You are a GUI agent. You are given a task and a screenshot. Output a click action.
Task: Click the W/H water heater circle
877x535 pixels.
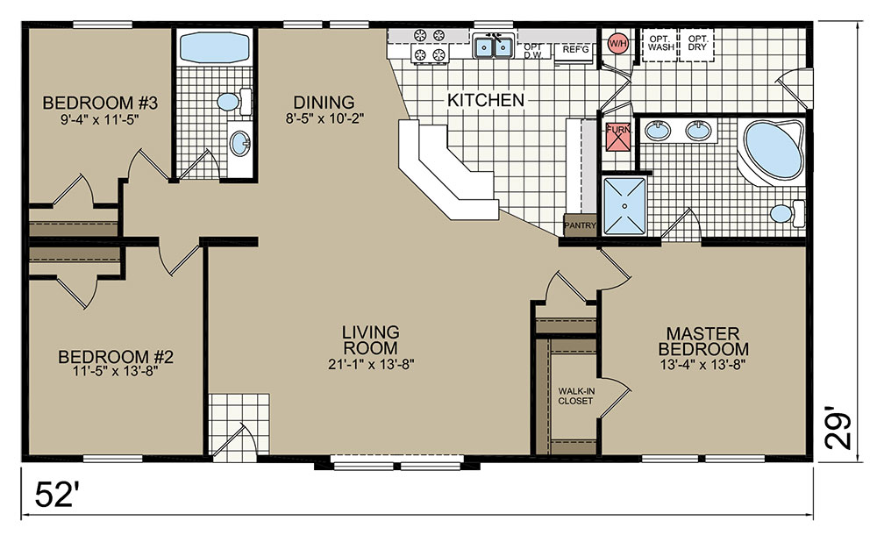618,42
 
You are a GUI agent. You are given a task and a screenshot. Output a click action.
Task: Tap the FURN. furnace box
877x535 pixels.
618,136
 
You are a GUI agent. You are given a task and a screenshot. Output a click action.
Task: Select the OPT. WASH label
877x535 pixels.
661,43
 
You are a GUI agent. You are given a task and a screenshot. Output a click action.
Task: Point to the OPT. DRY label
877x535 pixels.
697,43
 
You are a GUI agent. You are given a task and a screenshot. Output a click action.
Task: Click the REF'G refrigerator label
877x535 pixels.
575,49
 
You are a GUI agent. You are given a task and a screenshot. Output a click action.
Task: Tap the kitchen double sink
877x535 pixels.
493,47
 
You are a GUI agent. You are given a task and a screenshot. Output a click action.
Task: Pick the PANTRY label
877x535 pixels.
580,225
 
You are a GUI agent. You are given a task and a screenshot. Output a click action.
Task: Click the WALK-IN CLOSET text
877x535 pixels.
575,396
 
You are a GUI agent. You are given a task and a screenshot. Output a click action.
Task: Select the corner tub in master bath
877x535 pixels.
773,150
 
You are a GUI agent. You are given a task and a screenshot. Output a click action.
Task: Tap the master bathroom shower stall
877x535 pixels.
624,205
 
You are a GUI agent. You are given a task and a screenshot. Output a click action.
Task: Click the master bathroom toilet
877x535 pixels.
788,213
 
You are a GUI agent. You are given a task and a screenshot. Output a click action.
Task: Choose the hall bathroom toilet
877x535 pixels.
234,101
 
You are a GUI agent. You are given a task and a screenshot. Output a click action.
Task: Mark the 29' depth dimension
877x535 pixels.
838,431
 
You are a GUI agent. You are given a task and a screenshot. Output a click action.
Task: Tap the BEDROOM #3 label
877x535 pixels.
100,103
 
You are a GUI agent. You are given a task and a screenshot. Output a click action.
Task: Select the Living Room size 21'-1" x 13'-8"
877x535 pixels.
371,364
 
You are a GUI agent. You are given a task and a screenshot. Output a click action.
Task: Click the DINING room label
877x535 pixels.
324,103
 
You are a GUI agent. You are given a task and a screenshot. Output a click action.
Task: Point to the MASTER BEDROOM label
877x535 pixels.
703,341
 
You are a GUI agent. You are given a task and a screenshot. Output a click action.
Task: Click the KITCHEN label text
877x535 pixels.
486,100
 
